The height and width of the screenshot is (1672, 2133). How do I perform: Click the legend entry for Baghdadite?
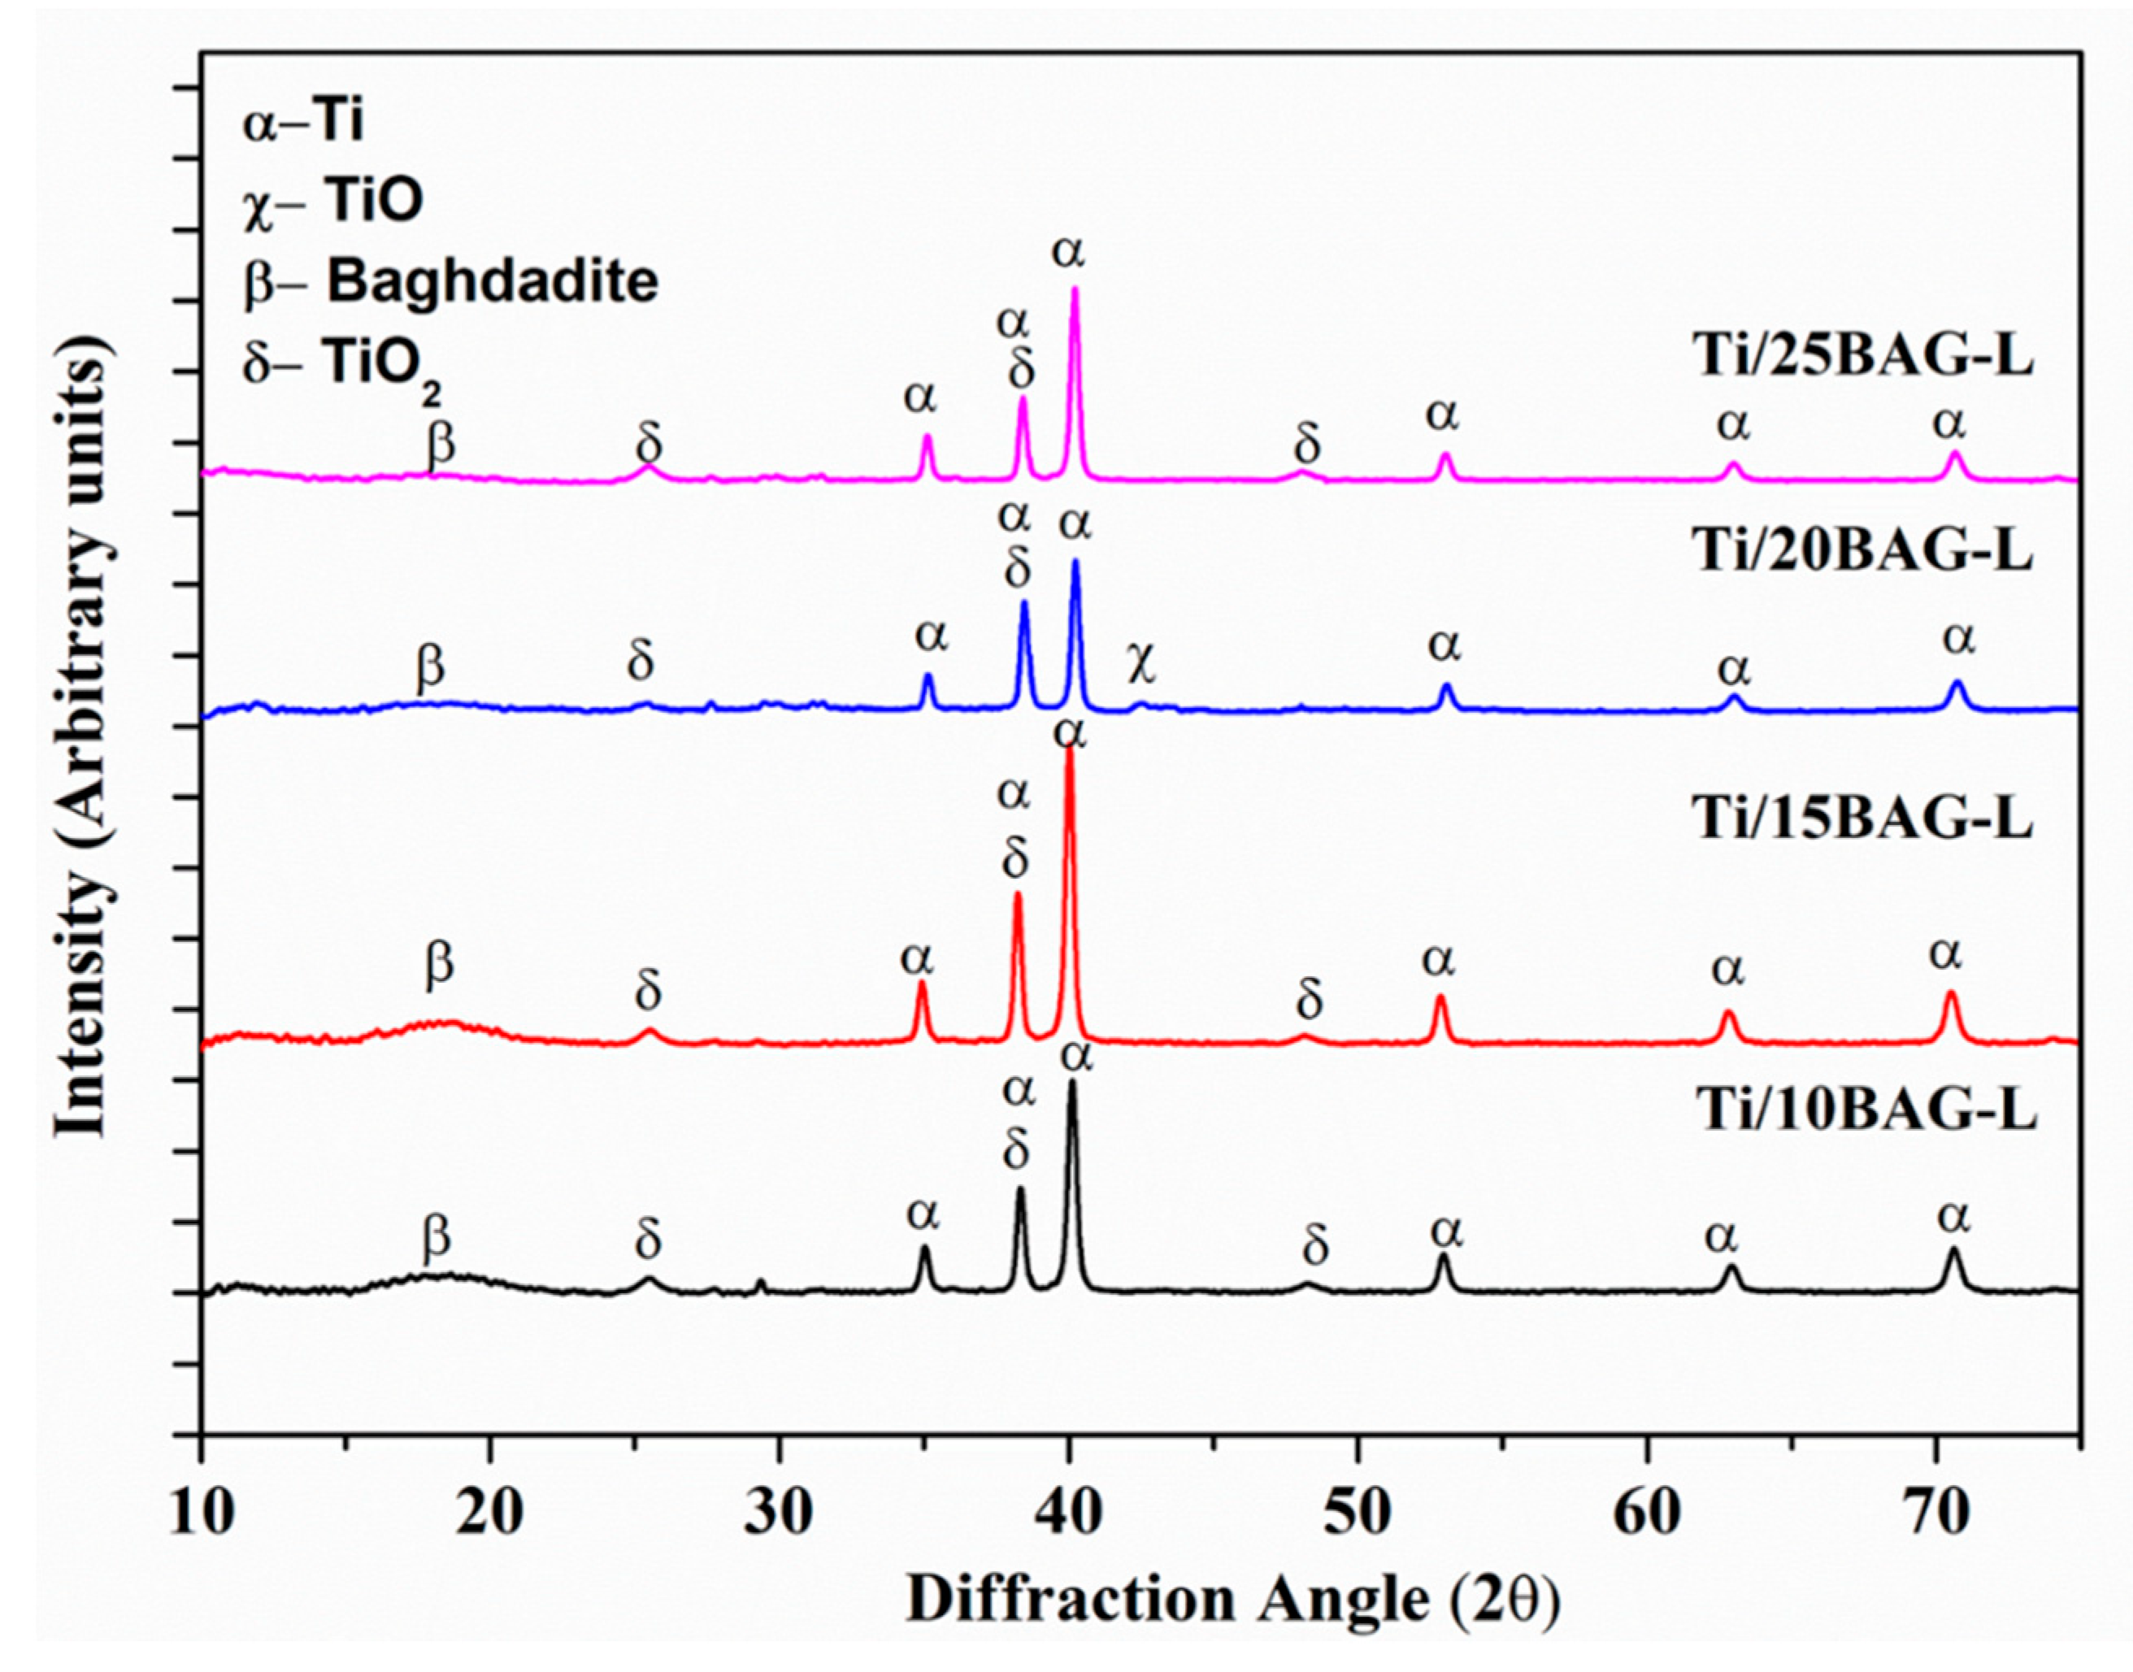(x=450, y=283)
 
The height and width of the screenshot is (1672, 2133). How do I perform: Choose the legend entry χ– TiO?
(x=332, y=202)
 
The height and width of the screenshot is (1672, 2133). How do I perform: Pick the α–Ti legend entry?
(x=303, y=124)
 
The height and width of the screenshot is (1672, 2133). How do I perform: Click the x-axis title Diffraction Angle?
(x=1233, y=1600)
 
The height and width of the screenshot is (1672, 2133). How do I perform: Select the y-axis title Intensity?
(x=83, y=744)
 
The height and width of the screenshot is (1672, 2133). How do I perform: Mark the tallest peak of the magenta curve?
(x=1075, y=289)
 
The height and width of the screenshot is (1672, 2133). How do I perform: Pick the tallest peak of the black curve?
(x=1072, y=1083)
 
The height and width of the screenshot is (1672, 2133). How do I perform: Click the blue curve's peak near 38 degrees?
(x=1025, y=603)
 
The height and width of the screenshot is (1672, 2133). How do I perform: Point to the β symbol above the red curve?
(x=440, y=963)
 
